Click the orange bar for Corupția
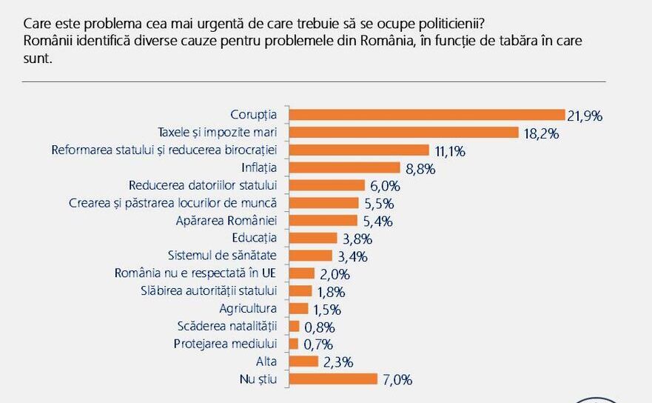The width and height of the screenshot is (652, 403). [426, 114]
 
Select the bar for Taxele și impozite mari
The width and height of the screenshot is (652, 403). [403, 132]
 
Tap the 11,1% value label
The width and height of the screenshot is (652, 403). [449, 150]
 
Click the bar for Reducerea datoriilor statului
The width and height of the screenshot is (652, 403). [326, 185]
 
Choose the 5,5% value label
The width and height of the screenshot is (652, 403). [378, 204]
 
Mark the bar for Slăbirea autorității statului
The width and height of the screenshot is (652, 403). [300, 290]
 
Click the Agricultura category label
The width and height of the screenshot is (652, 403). [248, 308]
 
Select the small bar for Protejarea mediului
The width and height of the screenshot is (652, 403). [293, 344]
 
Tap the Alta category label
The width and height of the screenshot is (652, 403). [266, 362]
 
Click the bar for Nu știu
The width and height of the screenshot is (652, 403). [333, 379]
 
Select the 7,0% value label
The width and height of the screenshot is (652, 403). [396, 380]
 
